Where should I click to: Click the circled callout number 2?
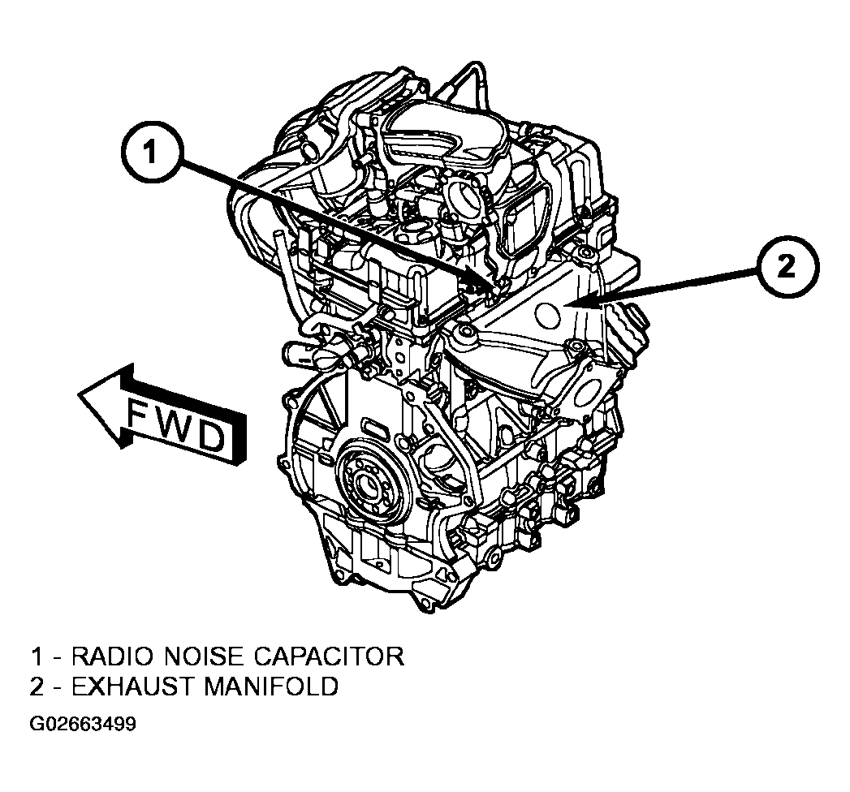point(787,267)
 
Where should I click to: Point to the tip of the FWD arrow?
point(80,395)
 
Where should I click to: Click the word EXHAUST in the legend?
point(132,687)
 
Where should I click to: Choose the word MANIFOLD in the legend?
point(271,687)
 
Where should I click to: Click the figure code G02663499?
point(82,725)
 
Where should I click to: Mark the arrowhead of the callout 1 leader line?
point(490,281)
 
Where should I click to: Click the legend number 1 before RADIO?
point(37,656)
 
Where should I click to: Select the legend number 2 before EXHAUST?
point(37,687)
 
